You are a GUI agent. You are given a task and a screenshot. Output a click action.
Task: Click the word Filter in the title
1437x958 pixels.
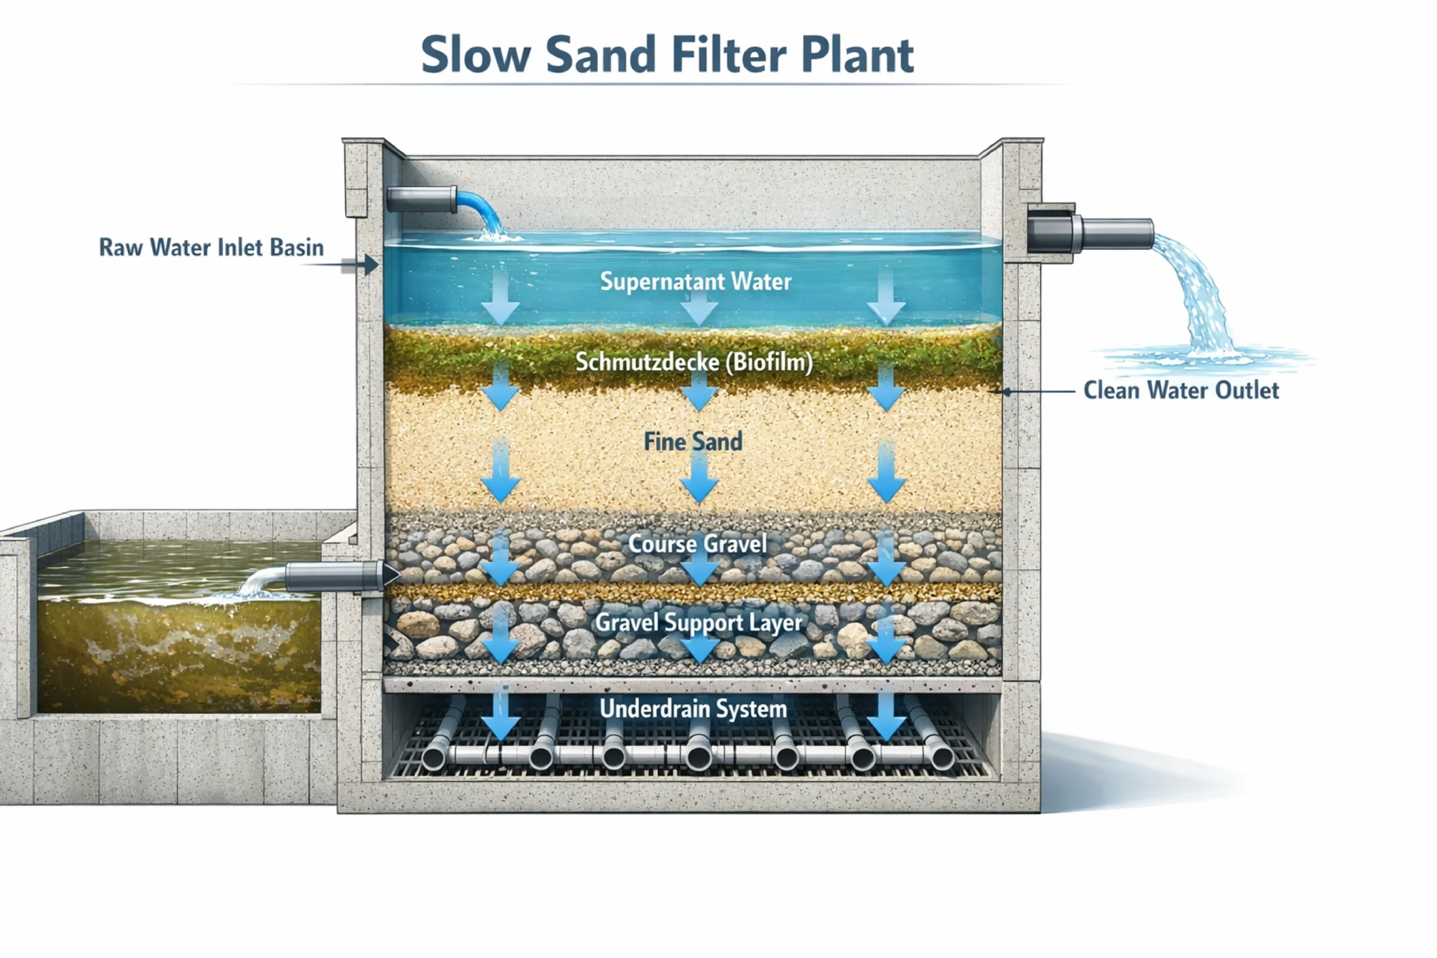tap(728, 55)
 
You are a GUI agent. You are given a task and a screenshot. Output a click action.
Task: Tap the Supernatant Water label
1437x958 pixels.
tap(695, 282)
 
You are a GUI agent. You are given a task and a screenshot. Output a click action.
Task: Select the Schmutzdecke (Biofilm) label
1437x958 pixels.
tap(694, 363)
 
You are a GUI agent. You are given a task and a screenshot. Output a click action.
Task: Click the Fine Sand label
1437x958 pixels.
tap(693, 442)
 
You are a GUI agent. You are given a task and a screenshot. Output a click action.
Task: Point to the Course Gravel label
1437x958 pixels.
tap(697, 544)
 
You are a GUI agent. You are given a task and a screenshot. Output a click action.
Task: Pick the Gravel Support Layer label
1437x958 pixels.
tap(698, 622)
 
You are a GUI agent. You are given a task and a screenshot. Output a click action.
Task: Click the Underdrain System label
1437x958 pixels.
tap(693, 709)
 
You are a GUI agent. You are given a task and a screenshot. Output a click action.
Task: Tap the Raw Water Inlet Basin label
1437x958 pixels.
tap(212, 247)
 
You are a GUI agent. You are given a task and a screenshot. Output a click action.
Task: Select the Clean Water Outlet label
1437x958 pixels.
tap(1180, 391)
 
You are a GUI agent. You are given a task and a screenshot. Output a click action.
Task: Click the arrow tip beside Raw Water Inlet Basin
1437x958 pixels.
tap(373, 265)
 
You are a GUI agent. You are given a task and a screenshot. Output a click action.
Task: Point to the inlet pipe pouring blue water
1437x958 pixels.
tap(422, 199)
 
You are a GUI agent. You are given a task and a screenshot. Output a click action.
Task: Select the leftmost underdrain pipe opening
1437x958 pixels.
tap(433, 758)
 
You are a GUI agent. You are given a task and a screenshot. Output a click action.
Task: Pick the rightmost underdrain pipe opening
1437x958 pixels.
tap(942, 758)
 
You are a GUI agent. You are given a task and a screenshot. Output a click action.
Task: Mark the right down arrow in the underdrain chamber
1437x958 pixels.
tap(886, 715)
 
